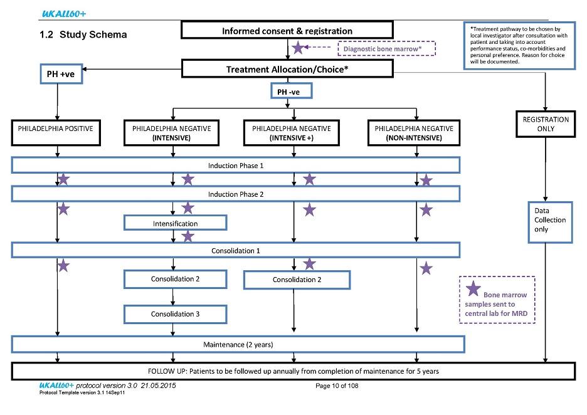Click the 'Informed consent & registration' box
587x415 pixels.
tap(287, 30)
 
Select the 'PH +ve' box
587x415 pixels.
tap(61, 74)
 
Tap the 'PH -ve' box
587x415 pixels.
tap(291, 92)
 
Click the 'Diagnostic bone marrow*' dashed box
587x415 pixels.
tap(387, 49)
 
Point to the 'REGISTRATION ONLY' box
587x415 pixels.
tap(546, 124)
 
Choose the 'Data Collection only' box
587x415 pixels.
tap(550, 223)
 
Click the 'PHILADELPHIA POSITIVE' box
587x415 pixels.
tap(56, 132)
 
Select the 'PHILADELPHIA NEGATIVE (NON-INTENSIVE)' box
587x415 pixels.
tap(414, 133)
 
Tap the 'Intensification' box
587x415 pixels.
tap(175, 223)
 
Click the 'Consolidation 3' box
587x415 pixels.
tap(175, 314)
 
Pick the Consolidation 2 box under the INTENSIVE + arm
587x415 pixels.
tap(297, 280)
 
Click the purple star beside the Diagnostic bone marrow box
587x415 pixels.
tap(298, 48)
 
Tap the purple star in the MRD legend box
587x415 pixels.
tap(473, 288)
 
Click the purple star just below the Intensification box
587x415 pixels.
tap(188, 236)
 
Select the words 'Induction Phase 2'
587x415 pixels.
tap(236, 194)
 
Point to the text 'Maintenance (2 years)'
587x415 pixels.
tap(238, 345)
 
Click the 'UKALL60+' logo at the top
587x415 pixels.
tap(63, 14)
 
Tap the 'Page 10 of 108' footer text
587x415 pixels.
tap(337, 386)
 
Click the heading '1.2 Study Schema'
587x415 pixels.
tap(83, 35)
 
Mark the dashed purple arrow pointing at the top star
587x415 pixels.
tap(317, 47)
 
